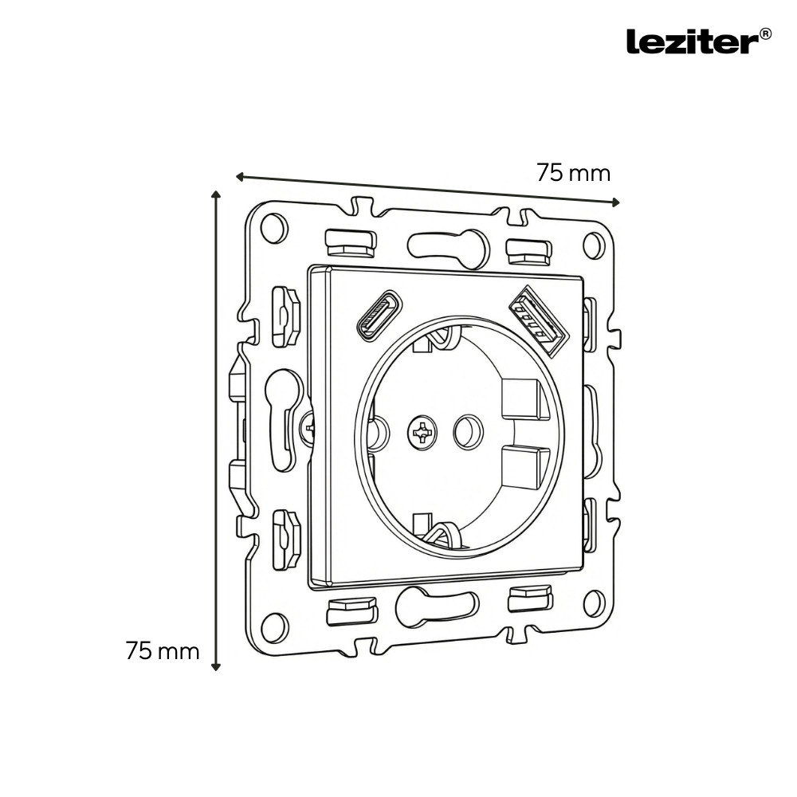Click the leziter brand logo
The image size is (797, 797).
pyautogui.click(x=692, y=41)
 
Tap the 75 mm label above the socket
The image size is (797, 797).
pyautogui.click(x=573, y=172)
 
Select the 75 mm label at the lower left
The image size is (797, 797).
pyautogui.click(x=163, y=650)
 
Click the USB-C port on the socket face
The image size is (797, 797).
pyautogui.click(x=379, y=314)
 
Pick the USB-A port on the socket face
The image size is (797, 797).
pyautogui.click(x=537, y=320)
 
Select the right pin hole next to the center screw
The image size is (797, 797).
pyautogui.click(x=467, y=432)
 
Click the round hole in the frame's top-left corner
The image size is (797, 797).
pyautogui.click(x=273, y=228)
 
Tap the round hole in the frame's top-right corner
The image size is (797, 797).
pyautogui.click(x=594, y=245)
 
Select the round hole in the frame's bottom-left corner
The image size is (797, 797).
pyautogui.click(x=274, y=626)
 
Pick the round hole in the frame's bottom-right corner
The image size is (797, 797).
pyautogui.click(x=594, y=603)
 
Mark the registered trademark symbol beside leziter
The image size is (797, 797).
pyautogui.click(x=764, y=33)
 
